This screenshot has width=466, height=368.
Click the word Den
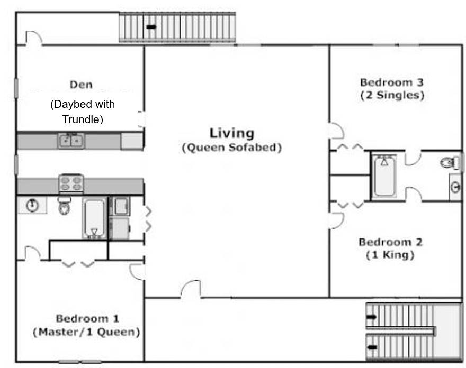tap(81, 85)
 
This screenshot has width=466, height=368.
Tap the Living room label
tap(232, 133)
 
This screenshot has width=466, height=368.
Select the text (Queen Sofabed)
tap(232, 148)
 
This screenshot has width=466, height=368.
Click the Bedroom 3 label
tap(392, 82)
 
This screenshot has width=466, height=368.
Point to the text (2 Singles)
tap(392, 96)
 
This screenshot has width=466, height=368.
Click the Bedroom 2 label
tap(390, 242)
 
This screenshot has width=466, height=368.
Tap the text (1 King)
tap(390, 255)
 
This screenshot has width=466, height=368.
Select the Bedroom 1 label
tap(87, 319)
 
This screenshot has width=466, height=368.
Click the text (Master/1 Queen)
tap(86, 332)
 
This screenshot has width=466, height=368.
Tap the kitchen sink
tap(71, 141)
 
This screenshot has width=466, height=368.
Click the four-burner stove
tap(71, 183)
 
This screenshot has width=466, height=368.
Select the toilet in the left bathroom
tap(64, 205)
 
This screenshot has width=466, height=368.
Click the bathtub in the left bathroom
tap(94, 218)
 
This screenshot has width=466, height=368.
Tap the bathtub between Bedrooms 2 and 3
tap(384, 176)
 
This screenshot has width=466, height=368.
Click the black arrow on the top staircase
tap(151, 27)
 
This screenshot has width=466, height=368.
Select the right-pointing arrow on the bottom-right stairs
tap(372, 317)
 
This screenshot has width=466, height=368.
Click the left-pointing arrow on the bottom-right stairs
tap(372, 347)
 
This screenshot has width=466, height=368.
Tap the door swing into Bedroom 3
tap(337, 131)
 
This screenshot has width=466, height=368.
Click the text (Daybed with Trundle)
tap(83, 112)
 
